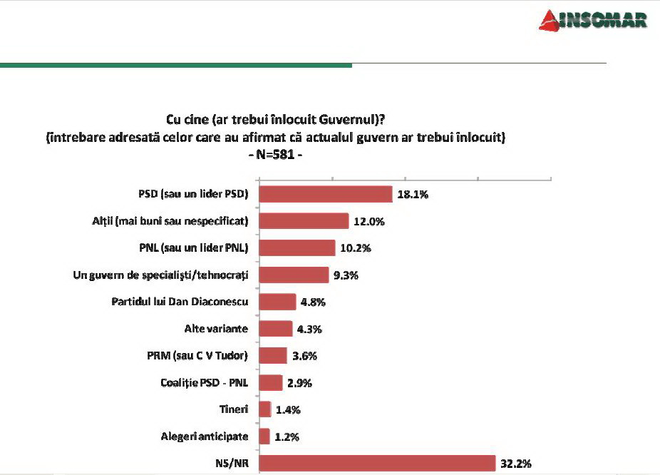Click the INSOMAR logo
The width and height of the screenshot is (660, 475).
coord(593,19)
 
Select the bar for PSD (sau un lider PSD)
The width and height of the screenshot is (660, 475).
coord(325,194)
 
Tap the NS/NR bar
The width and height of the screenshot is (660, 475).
coord(376,463)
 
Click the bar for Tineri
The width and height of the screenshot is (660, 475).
coord(264,409)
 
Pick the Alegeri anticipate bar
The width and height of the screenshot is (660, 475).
coord(264,436)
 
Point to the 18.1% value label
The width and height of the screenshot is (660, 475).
coord(412,194)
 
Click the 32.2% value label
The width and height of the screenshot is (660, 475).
coord(515,463)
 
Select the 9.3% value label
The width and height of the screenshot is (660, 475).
coord(346,275)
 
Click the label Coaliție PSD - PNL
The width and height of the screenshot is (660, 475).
coord(205,382)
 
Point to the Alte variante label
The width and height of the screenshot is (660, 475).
coord(215,329)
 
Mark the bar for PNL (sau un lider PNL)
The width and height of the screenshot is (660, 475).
coord(297,247)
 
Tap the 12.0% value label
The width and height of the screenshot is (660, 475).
coord(368,221)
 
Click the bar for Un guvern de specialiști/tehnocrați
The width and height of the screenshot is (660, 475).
coord(293,275)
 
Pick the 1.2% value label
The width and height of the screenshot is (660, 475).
coord(287,436)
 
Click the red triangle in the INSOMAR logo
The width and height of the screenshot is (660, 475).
coord(550,20)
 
